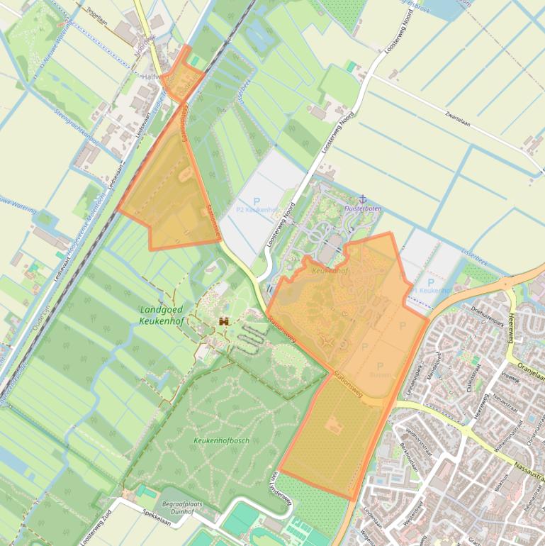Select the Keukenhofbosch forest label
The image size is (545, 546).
tap(221, 440)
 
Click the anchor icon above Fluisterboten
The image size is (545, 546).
tap(362, 199)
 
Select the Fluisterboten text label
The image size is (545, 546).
tap(362, 209)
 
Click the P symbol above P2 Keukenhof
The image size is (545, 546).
tap(257, 201)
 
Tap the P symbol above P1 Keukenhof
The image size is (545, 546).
tap(430, 282)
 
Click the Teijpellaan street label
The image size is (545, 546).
tap(100, 13)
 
